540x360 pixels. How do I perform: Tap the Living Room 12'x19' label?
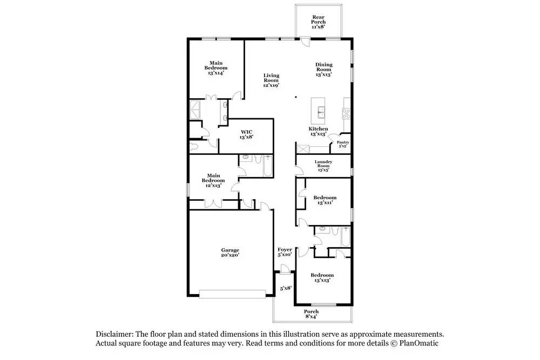click(271, 80)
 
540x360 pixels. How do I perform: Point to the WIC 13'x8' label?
click(247, 134)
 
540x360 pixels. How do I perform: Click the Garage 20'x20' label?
click(230, 253)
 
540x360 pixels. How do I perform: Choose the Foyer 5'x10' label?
click(285, 252)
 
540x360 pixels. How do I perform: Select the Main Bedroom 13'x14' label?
click(216, 68)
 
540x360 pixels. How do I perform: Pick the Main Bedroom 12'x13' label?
click(213, 180)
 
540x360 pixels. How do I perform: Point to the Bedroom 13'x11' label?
click(325, 200)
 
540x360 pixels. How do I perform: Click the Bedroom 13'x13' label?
click(322, 277)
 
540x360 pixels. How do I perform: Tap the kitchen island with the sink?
click(318, 111)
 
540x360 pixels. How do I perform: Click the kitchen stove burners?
click(346, 113)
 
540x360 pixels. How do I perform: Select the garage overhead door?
click(232, 294)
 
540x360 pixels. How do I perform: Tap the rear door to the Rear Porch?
click(304, 42)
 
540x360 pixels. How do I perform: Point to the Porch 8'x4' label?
click(311, 314)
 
